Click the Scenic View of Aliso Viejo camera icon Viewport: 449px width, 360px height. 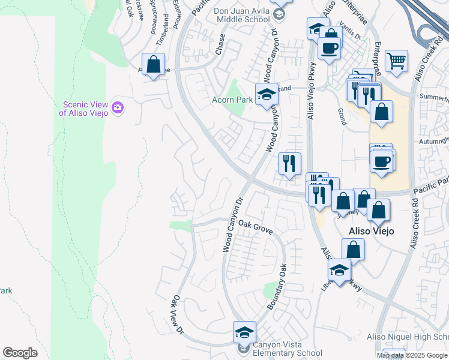pos(118,107)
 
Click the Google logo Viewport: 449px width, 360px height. pos(20,353)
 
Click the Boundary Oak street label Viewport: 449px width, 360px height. pos(276,286)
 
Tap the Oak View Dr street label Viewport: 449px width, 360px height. pos(177,313)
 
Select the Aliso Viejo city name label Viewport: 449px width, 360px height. pos(371,232)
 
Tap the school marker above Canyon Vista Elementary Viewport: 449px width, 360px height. pos(244,332)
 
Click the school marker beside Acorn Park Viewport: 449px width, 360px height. pos(267,94)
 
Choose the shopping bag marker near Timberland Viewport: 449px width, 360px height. pos(154,64)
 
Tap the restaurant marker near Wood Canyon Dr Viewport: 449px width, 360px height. pos(289,163)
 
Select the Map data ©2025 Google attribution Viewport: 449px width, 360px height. pos(412,355)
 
